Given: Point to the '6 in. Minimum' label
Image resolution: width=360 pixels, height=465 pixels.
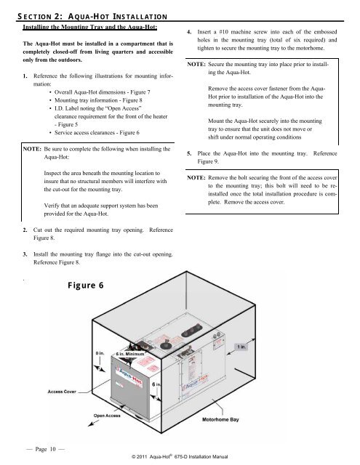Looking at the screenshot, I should (x=134, y=355).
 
